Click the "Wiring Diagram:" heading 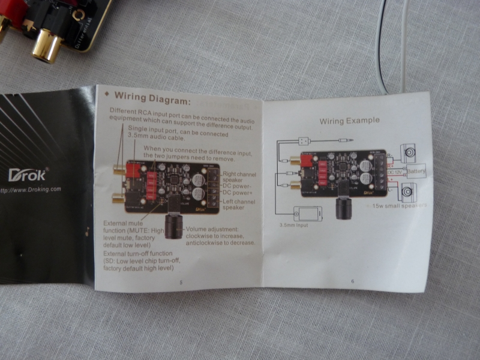152,97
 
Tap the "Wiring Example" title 349,121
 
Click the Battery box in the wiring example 415,172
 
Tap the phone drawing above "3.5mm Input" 307,214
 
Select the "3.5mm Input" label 293,226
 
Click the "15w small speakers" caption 399,206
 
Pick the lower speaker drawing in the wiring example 409,191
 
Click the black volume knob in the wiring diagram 175,224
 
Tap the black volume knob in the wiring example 343,207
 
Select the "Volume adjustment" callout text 220,235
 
